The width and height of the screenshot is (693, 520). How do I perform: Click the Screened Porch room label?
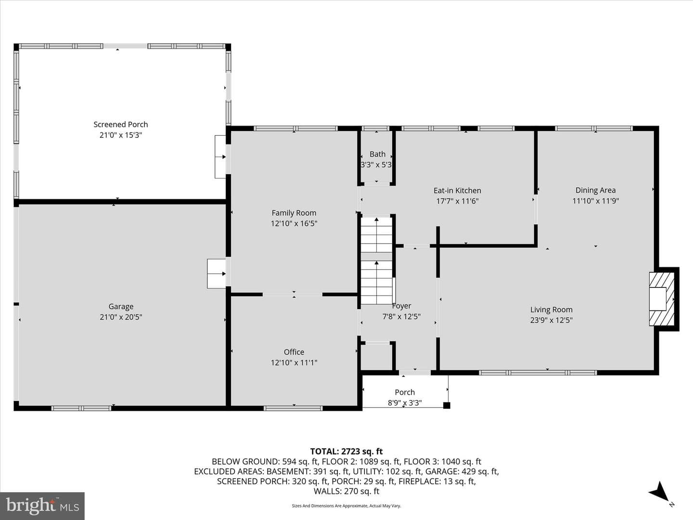click(x=121, y=124)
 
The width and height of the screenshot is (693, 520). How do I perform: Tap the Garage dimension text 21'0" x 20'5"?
click(x=121, y=317)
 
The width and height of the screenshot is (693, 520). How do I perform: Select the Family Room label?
click(x=294, y=213)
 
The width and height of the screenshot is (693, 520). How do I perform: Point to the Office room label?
click(x=294, y=352)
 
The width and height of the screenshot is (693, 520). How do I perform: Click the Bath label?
click(x=378, y=154)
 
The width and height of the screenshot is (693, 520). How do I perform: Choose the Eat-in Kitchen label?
click(x=457, y=191)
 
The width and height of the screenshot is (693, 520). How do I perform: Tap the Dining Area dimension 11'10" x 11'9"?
click(x=595, y=201)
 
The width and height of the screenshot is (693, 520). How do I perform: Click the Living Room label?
click(x=551, y=310)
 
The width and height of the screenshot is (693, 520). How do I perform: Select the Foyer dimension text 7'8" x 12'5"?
click(x=401, y=317)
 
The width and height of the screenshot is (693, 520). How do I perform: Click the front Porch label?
click(x=405, y=392)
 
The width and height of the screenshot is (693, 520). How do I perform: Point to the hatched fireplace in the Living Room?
click(x=662, y=299)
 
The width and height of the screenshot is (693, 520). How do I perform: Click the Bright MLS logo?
click(x=42, y=506)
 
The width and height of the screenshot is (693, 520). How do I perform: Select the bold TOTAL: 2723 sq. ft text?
click(x=346, y=452)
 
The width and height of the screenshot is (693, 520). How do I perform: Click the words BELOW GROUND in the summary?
click(x=245, y=462)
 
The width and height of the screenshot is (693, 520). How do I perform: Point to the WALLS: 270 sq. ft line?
click(x=346, y=491)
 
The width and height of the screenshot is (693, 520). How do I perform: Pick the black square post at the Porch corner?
click(x=447, y=405)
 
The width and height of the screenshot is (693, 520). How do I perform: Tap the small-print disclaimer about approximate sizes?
click(x=346, y=506)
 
